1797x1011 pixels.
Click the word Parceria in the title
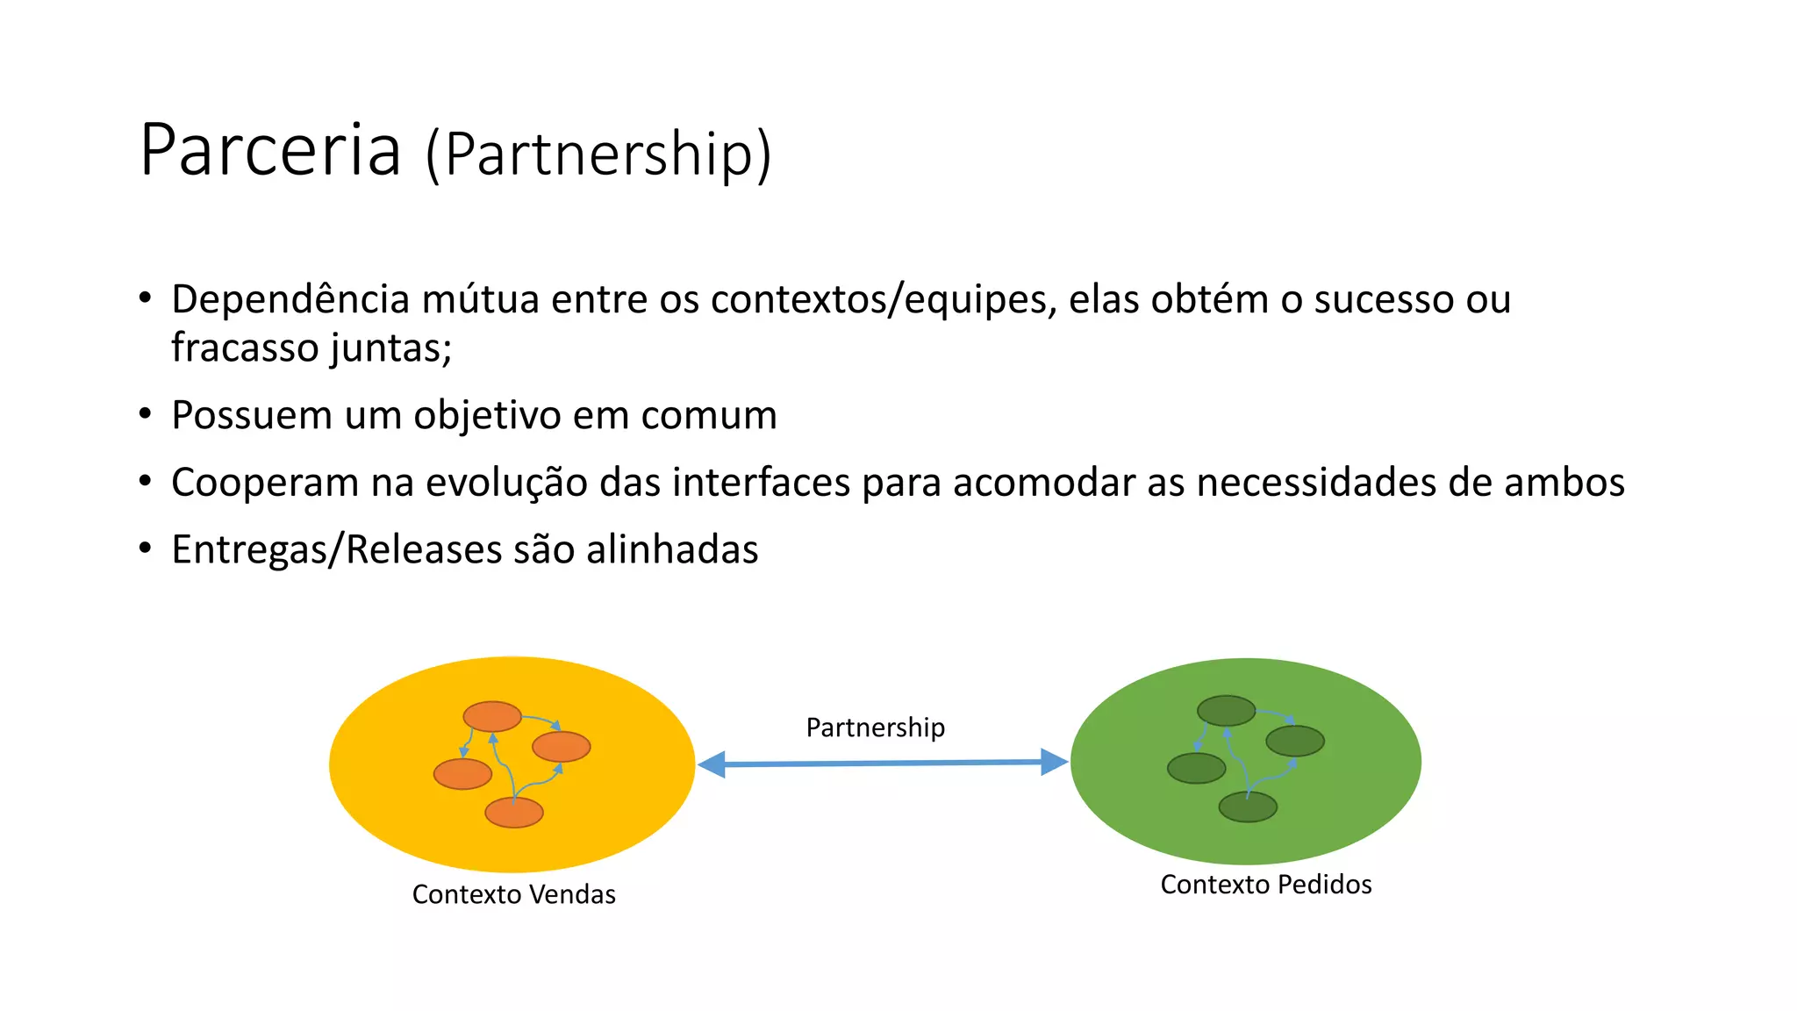[270, 150]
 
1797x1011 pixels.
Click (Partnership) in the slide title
[598, 154]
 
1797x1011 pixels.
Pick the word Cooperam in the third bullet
[265, 483]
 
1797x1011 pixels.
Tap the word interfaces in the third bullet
[761, 483]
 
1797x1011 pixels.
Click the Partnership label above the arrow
[875, 728]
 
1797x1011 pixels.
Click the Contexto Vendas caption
[513, 894]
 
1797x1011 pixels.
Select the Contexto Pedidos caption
[1265, 884]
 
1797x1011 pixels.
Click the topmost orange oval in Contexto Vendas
[492, 716]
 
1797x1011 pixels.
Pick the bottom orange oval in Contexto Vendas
[514, 813]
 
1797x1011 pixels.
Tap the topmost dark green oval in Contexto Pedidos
[1226, 710]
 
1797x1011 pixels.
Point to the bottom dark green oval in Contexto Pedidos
[1248, 807]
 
